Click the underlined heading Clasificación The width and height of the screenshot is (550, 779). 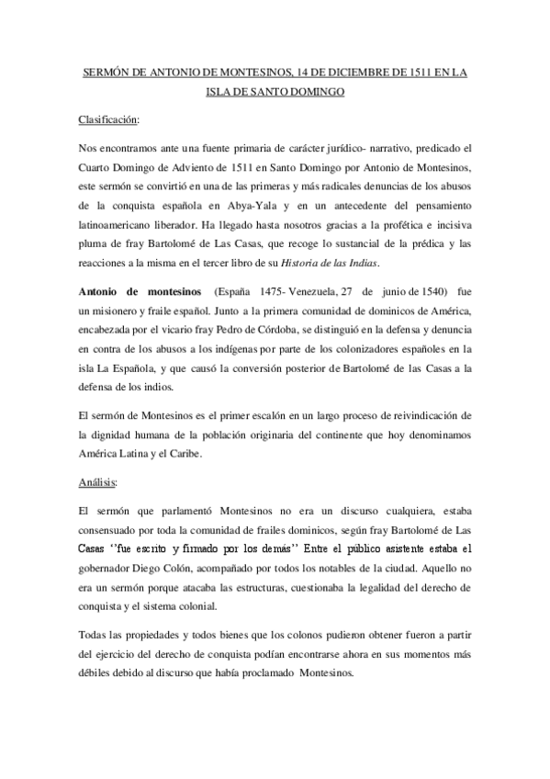108,119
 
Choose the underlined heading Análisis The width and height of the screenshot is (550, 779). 96,480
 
